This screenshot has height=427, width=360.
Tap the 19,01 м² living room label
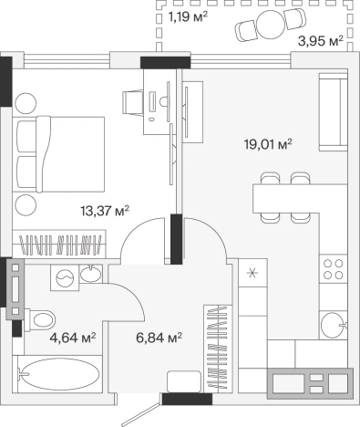pos(268,144)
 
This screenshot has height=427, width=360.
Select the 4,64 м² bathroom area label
pos(73,338)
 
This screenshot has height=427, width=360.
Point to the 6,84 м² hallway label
pos(159,338)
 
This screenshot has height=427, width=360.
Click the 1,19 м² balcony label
pos(188,17)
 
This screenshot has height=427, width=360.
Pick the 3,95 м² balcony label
pos(321,41)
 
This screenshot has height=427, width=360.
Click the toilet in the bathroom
pos(39,320)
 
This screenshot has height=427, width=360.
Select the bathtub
pos(59,374)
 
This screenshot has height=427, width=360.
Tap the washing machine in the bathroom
pos(65,277)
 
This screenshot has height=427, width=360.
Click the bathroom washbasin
pos(90,273)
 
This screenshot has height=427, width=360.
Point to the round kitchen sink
pos(334,325)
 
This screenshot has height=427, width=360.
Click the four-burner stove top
pos(334,269)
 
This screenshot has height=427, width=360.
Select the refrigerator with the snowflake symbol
pos(252,273)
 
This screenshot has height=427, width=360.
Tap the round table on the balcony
pos(270,25)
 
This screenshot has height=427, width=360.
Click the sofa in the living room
pos(334,112)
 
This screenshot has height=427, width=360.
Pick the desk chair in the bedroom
pos(133,102)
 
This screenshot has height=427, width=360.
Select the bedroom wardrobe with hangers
pos(59,245)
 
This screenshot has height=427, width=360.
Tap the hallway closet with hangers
pos(218,348)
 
